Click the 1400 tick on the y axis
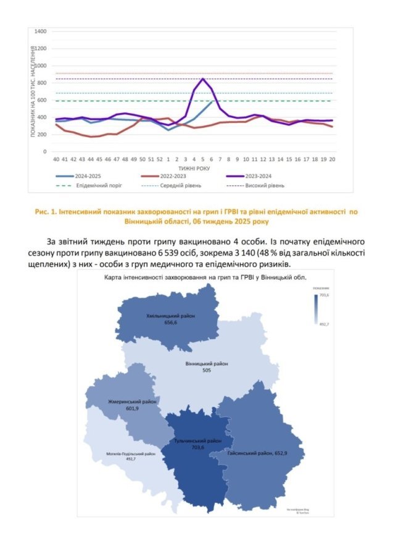41,31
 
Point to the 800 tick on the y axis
42,83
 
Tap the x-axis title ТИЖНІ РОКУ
195,167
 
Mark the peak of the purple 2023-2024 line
203,78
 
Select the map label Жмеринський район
133,401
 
